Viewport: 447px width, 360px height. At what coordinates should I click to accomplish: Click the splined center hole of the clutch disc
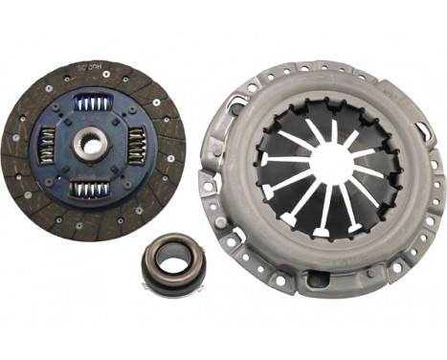(93, 145)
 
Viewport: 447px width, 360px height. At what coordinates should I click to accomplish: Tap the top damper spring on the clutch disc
(94, 101)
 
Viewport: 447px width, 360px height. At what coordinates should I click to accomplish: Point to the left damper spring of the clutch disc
(48, 146)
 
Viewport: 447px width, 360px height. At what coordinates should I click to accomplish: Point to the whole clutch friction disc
(93, 145)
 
